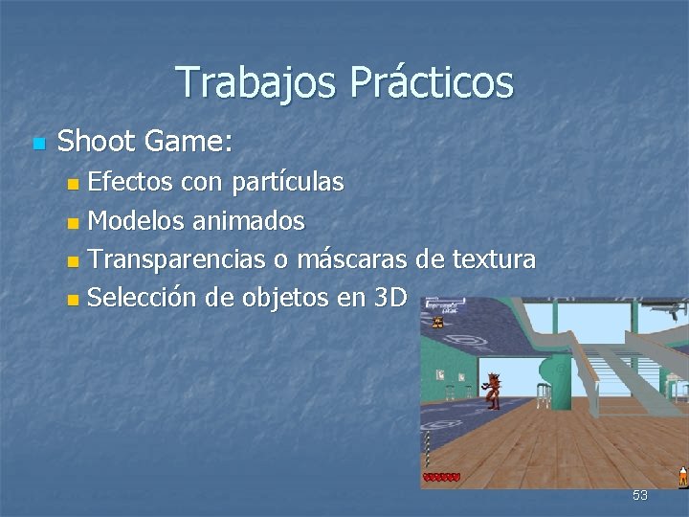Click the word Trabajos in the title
click(256, 83)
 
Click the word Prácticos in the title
click(431, 83)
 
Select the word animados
click(248, 221)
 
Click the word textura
click(493, 259)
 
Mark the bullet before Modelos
click(76, 223)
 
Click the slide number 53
click(639, 495)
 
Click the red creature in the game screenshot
click(493, 387)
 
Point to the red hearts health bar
click(442, 477)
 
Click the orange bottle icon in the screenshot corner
click(682, 475)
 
